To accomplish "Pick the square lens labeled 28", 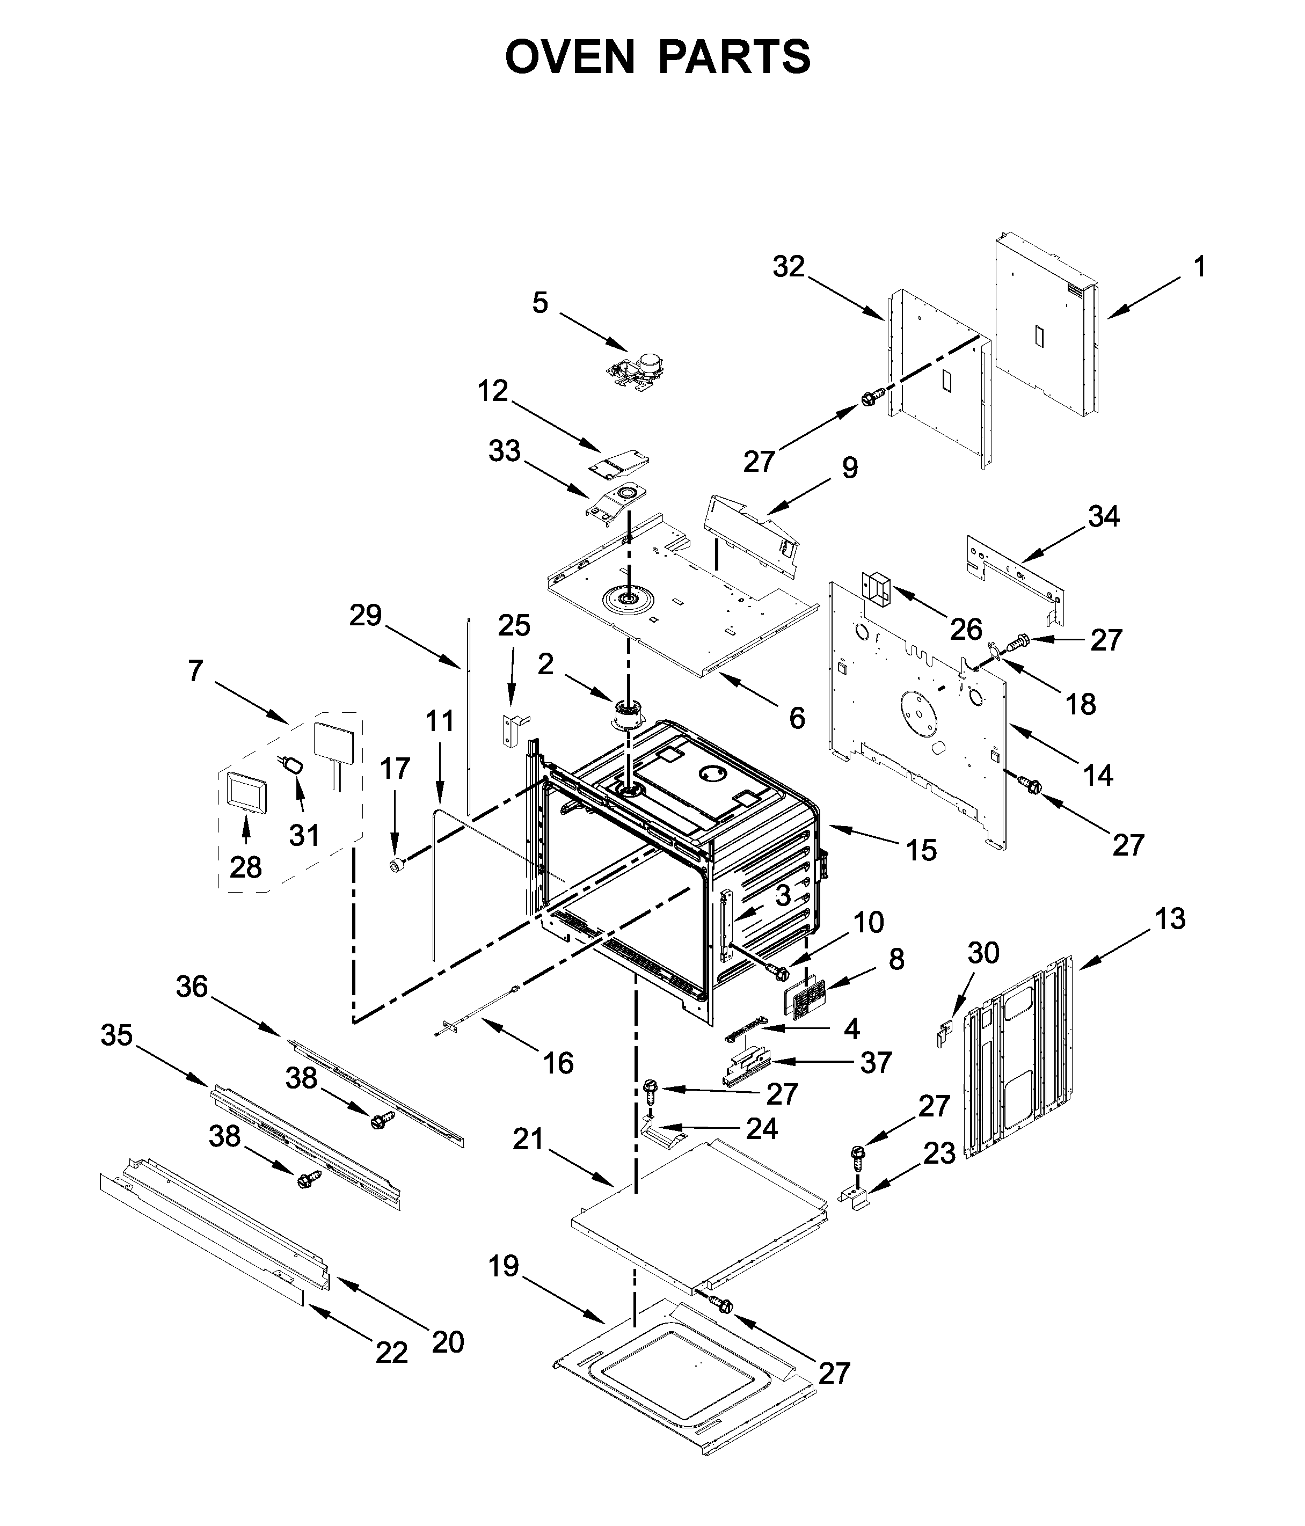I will click(244, 792).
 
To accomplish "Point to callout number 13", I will click(1170, 918).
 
